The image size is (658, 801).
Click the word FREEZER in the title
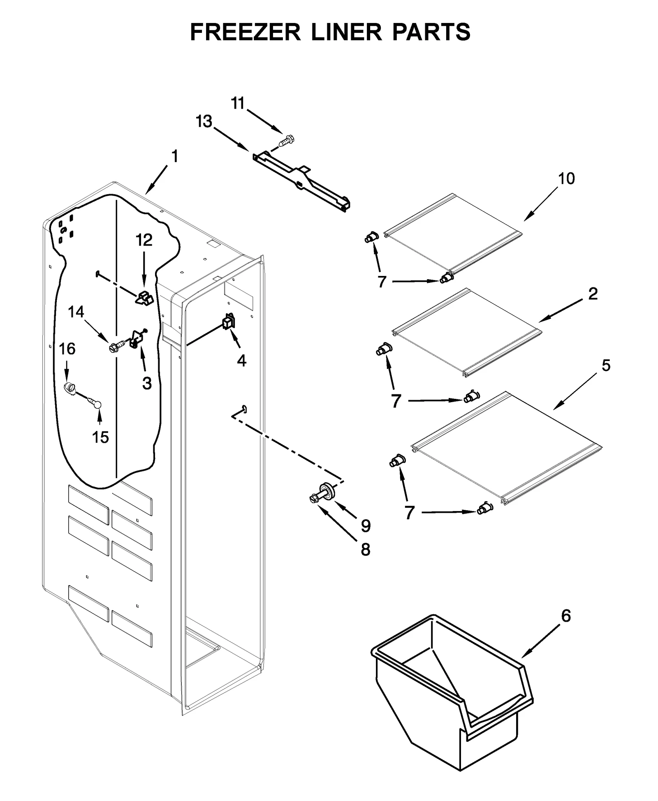click(245, 32)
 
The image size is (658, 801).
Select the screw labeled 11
click(287, 141)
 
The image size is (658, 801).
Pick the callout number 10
click(566, 178)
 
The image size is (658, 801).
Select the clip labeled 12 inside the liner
click(144, 297)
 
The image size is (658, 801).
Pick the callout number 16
click(67, 349)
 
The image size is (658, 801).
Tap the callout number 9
click(366, 525)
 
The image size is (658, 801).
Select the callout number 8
click(365, 549)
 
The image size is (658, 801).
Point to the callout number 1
click(175, 156)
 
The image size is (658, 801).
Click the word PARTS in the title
click(431, 32)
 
